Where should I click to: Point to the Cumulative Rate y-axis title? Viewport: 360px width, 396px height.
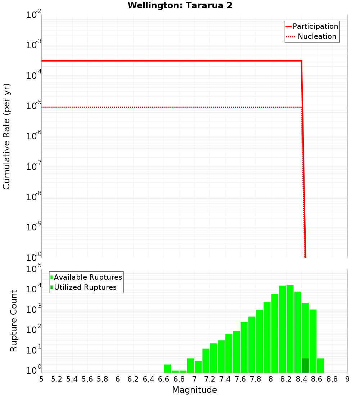point(6,136)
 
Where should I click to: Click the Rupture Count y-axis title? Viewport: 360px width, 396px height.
point(14,320)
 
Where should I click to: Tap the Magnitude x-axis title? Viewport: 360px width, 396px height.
point(194,390)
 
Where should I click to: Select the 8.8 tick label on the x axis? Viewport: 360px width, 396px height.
point(332,379)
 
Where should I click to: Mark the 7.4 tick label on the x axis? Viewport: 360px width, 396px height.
point(225,379)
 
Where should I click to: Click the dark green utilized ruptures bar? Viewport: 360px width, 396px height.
point(305,365)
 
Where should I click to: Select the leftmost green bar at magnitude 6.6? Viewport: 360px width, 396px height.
point(167,369)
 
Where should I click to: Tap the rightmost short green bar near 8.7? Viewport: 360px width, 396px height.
point(320,365)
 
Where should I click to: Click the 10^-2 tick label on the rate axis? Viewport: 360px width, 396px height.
point(34,15)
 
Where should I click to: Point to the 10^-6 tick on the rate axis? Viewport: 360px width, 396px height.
point(34,136)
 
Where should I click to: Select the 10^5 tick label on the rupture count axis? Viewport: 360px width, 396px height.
point(34,269)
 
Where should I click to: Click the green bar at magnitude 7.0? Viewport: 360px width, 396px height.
point(198,366)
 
